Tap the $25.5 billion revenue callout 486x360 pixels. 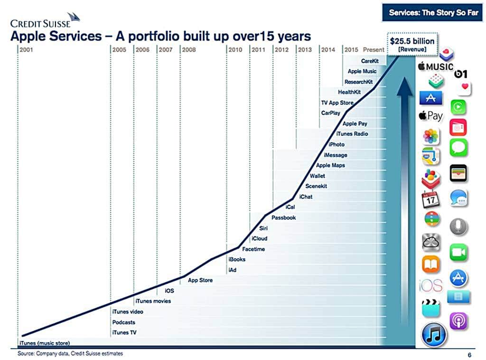411,45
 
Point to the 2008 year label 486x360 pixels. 188,49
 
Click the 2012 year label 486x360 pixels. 281,49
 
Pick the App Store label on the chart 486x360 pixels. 200,280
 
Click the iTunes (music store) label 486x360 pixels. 44,343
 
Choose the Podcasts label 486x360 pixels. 124,322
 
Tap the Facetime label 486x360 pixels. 253,249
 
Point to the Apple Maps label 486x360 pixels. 330,165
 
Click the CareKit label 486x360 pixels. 369,61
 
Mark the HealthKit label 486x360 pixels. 349,92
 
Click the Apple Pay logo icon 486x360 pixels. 430,115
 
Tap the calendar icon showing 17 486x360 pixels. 431,199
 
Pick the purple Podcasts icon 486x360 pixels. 458,321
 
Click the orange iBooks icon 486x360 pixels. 431,265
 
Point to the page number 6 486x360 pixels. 469,354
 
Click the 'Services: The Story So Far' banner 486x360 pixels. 433,13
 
